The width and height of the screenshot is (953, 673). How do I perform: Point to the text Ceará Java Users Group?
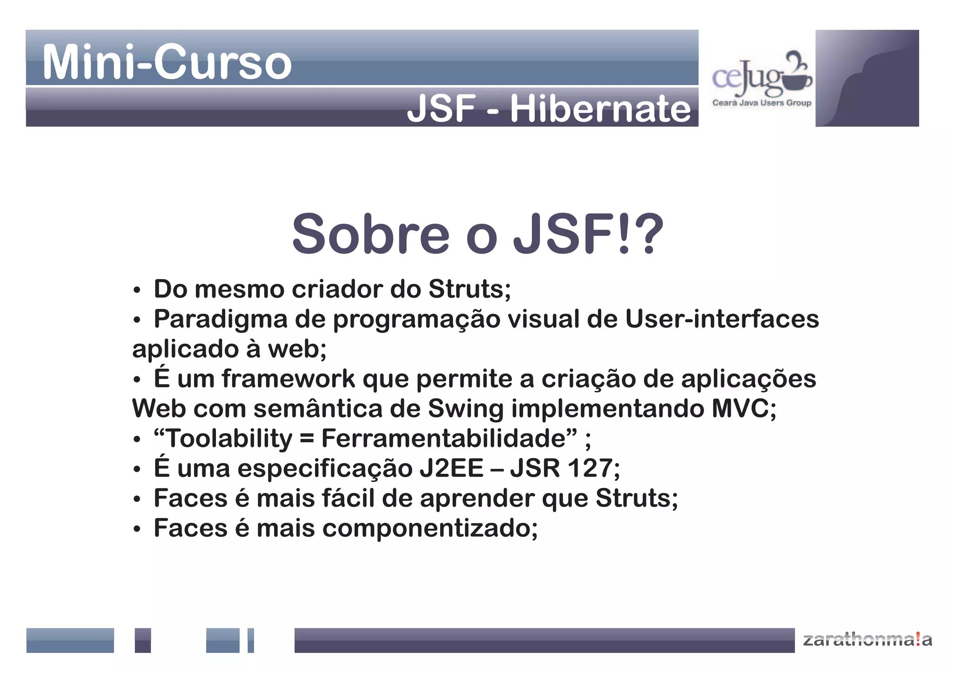tap(762, 103)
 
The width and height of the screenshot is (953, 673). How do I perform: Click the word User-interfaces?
tap(722, 320)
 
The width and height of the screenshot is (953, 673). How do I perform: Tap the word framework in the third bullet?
tap(288, 379)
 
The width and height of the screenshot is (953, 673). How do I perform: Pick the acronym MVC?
tap(743, 409)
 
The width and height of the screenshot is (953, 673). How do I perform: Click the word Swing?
tap(465, 409)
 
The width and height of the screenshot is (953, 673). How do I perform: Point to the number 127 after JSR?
tap(591, 468)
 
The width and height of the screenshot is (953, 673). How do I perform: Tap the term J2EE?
tap(451, 468)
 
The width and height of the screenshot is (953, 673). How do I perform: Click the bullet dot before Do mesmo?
tap(136, 290)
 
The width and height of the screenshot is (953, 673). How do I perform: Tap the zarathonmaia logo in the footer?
tap(867, 640)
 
